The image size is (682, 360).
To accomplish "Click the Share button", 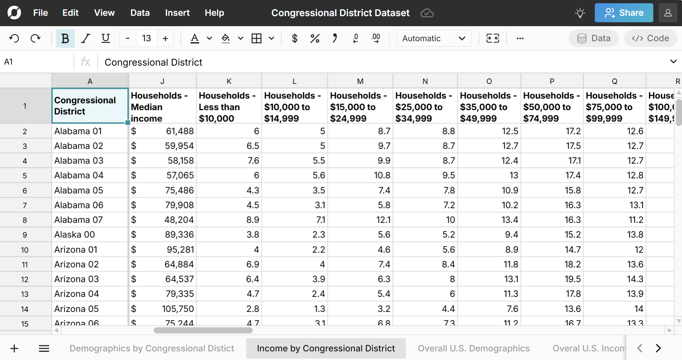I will coord(624,13).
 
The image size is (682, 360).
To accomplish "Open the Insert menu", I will coord(177,13).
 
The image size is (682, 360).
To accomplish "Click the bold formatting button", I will coord(65,38).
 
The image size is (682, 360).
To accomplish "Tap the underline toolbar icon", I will coord(105,38).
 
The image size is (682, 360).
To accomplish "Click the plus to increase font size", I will coord(165,38).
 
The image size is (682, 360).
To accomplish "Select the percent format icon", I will coord(315,38).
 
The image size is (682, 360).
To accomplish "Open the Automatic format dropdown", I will coord(433,38).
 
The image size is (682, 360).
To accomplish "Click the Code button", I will coord(650,38).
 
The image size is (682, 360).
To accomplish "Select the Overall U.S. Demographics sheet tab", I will coord(474,348).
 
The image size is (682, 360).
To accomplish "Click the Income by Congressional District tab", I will coord(326,348).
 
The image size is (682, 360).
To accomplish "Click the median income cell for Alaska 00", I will coord(163,235).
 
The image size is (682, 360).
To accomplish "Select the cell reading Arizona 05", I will coord(90,309).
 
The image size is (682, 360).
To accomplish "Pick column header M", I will coord(360,81).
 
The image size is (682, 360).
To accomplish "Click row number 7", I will coord(25,205).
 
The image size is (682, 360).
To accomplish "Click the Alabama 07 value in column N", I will coord(425,220).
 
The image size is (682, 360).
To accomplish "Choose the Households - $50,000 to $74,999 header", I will coord(552,107).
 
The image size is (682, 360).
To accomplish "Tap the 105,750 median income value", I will coord(163,309).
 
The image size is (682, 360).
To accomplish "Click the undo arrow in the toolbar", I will coord(14,38).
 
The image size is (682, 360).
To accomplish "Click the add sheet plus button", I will coord(14,348).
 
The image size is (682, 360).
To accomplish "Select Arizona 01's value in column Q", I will coord(615,250).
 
